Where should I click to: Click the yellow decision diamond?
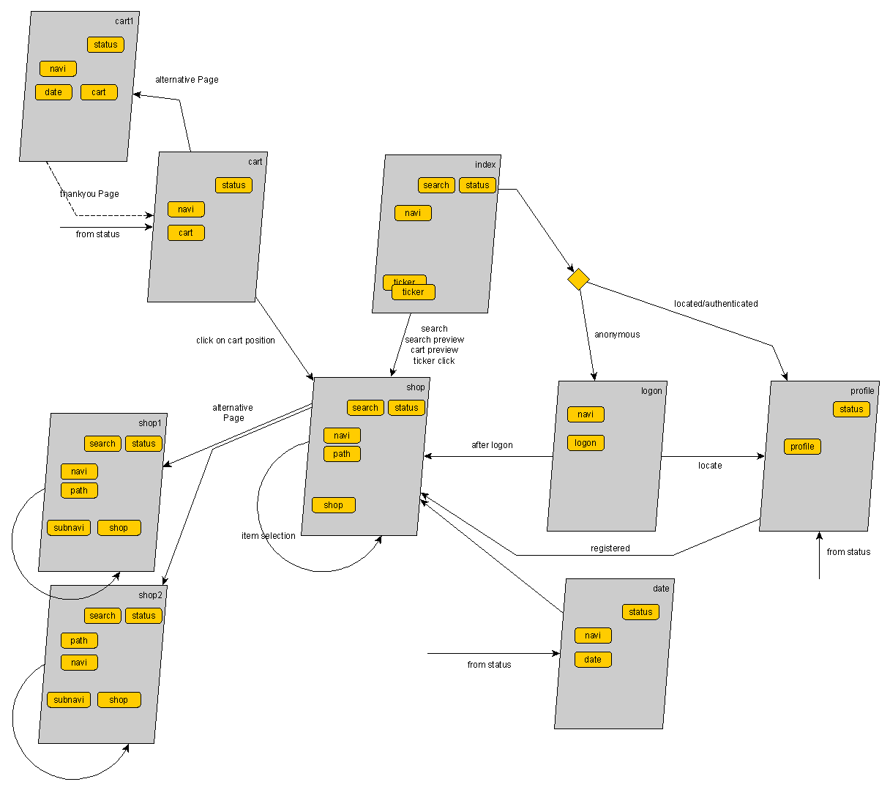point(578,279)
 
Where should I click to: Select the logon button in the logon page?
point(586,443)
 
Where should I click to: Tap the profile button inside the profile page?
point(802,447)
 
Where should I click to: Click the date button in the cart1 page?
point(53,92)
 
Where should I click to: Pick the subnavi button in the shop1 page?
point(69,528)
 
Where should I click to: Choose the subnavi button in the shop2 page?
point(69,700)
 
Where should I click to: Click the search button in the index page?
point(436,185)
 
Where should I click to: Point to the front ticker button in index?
point(414,292)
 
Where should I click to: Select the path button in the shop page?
point(342,454)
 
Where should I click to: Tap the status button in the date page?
point(640,612)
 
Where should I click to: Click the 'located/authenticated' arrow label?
point(716,304)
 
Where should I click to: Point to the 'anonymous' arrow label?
point(617,335)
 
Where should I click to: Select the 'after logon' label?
point(492,445)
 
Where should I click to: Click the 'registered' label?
point(610,548)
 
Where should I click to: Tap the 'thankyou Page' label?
point(89,194)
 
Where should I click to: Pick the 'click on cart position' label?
point(236,340)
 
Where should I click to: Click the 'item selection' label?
point(269,536)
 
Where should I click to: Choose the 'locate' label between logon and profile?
point(710,466)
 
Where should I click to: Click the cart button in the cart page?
point(186,233)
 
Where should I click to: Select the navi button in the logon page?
point(586,414)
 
